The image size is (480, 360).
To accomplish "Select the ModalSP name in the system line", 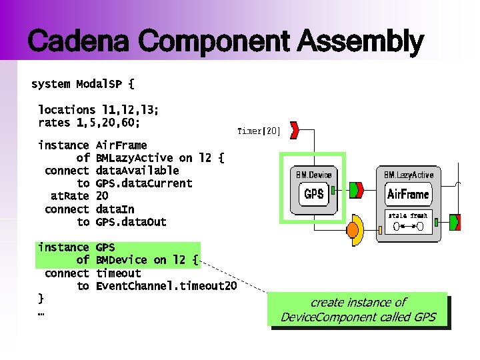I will (100, 84).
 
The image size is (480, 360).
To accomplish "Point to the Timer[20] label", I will (259, 131).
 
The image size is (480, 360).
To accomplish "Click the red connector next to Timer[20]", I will (294, 130).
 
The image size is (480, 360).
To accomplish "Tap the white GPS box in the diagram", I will (313, 194).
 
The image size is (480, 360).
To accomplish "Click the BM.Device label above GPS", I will (313, 175).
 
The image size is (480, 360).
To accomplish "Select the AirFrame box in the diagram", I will (408, 195).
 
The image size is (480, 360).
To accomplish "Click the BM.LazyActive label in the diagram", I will (408, 175).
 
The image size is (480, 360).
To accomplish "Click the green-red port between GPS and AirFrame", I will (355, 190).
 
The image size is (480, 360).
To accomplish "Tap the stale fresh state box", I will (409, 222).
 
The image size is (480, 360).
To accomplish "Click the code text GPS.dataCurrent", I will (143, 183).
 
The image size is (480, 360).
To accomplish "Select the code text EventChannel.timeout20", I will (166, 286).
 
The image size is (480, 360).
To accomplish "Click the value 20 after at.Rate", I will (102, 196).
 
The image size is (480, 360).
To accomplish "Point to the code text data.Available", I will (137, 171).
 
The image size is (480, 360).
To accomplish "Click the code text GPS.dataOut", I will (131, 222).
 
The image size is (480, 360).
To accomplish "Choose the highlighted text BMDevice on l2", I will (147, 260).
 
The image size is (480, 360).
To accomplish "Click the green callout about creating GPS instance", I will (357, 310).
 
